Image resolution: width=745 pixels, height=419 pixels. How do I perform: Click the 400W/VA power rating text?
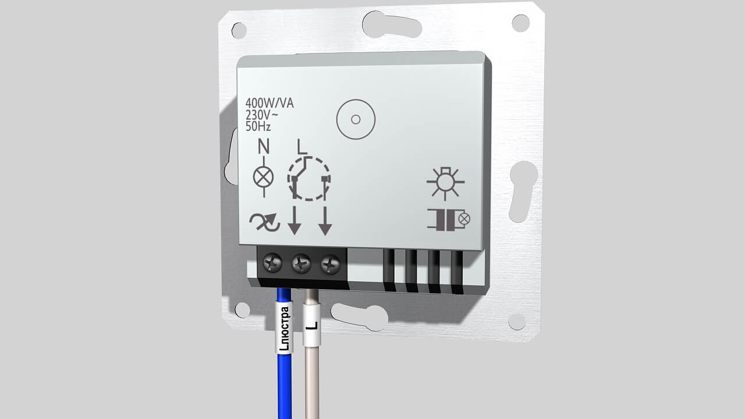(x=269, y=104)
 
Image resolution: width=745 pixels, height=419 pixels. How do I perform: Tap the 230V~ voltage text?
(x=262, y=115)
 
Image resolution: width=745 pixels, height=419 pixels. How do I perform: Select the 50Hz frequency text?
(x=258, y=126)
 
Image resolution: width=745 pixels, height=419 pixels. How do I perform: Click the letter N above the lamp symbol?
(x=264, y=146)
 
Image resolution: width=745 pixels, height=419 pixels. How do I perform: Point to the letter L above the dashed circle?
(x=302, y=147)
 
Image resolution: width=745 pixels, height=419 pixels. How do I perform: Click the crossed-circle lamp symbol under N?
(x=264, y=177)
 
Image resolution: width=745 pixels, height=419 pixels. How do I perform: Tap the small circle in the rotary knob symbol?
(x=356, y=119)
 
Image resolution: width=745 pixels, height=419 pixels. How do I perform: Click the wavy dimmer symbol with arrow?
(x=265, y=222)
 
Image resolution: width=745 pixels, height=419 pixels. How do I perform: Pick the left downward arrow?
(x=295, y=221)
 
